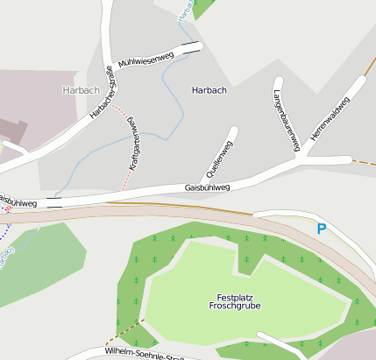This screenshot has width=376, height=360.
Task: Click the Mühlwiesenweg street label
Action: pyautogui.click(x=145, y=61)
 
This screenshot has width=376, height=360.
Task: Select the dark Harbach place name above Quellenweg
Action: pyautogui.click(x=209, y=90)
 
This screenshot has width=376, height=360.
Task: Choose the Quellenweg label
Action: pyautogui.click(x=226, y=154)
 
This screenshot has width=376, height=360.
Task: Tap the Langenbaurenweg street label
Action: pyautogui.click(x=286, y=116)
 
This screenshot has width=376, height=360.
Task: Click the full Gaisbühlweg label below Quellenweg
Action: pyautogui.click(x=207, y=187)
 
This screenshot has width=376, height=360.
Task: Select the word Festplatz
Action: pyautogui.click(x=235, y=297)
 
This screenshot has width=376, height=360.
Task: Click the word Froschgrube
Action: pyautogui.click(x=235, y=307)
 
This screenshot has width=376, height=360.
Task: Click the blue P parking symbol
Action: pyautogui.click(x=321, y=229)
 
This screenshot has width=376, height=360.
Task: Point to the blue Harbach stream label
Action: pyautogui.click(x=186, y=11)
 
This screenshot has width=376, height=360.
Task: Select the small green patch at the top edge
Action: pyautogui.click(x=202, y=7)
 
